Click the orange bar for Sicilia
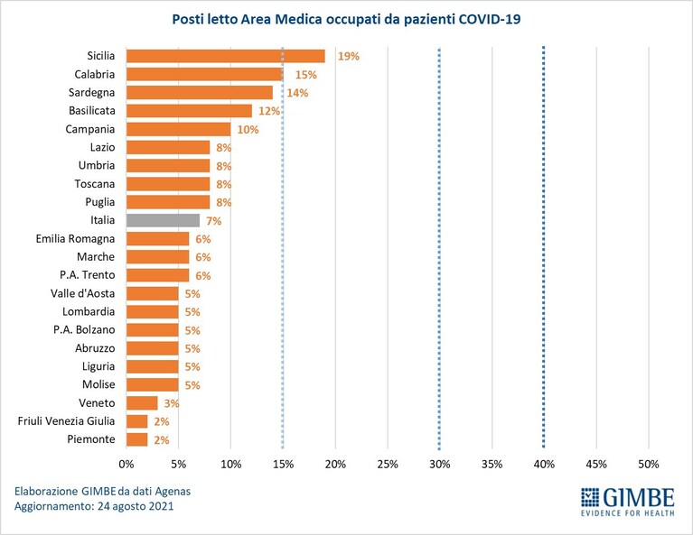[x=225, y=56]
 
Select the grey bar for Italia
[x=163, y=220]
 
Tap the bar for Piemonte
[x=137, y=439]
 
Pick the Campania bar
[x=179, y=129]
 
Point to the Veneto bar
[x=142, y=403]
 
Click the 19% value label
[x=349, y=56]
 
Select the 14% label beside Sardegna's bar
[x=297, y=93]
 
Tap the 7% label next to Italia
[x=214, y=221]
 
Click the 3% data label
[x=172, y=403]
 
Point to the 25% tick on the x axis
[x=388, y=465]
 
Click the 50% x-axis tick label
[x=649, y=465]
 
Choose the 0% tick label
[x=126, y=465]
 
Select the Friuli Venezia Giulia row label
[x=66, y=421]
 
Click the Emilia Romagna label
[x=75, y=239]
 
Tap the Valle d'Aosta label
[x=82, y=293]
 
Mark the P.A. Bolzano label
[x=84, y=329]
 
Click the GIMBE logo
[x=628, y=502]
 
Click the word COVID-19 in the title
[x=490, y=20]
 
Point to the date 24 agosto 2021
[x=136, y=506]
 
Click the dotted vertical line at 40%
[x=544, y=247]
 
